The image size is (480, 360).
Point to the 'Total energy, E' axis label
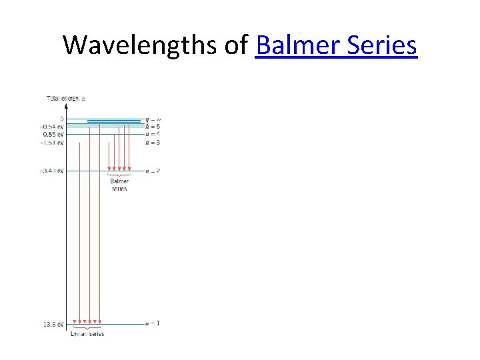[65, 99]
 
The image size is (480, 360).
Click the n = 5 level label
[153, 127]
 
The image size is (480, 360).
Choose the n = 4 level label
[153, 134]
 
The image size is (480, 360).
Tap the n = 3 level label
[153, 142]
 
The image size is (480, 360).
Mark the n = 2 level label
[153, 171]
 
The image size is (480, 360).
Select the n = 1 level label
[153, 323]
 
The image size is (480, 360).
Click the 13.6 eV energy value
[53, 325]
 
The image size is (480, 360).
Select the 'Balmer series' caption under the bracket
[119, 185]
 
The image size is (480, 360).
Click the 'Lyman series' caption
[87, 333]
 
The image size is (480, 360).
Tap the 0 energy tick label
[61, 119]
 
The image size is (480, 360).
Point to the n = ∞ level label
[153, 119]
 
